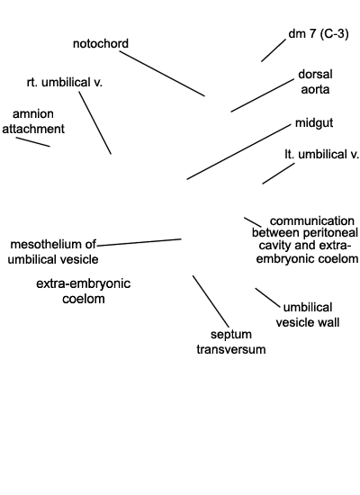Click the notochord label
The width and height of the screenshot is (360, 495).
tap(101, 43)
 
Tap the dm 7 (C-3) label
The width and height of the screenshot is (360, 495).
tap(319, 33)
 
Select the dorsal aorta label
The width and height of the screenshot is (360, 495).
tap(315, 82)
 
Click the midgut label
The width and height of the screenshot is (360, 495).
tap(314, 122)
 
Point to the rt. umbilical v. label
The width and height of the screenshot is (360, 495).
tap(65, 83)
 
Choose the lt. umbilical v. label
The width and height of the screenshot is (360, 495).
tap(322, 155)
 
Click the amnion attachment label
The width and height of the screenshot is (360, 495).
tap(33, 121)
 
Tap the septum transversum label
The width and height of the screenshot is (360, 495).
tap(230, 342)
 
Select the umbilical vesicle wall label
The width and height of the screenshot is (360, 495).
tap(308, 315)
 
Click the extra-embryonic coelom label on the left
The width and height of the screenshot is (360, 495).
tap(84, 291)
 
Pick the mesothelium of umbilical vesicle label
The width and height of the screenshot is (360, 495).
tap(53, 252)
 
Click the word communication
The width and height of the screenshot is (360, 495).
tap(312, 220)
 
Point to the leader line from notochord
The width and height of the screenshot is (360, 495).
tap(162, 73)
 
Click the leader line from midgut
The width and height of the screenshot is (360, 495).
tap(238, 152)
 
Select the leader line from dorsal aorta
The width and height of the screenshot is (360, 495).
tap(262, 95)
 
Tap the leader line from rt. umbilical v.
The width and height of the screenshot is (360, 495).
tap(95, 122)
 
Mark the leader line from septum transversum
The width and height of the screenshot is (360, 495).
tap(211, 301)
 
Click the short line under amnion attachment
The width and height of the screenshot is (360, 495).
tap(32, 142)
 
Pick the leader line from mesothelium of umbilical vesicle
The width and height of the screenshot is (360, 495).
tap(139, 242)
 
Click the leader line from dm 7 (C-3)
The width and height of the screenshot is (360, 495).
tap(274, 50)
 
